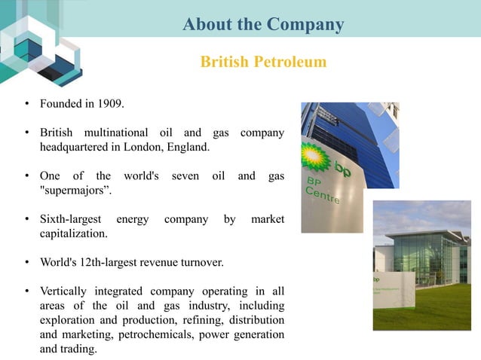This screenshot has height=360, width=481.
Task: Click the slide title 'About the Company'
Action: (263, 25)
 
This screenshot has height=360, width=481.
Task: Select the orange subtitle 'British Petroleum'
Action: (263, 62)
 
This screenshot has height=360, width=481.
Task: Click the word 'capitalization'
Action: (74, 233)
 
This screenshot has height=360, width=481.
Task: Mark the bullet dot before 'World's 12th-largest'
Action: (26, 264)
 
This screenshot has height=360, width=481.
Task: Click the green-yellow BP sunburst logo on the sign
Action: (314, 157)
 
